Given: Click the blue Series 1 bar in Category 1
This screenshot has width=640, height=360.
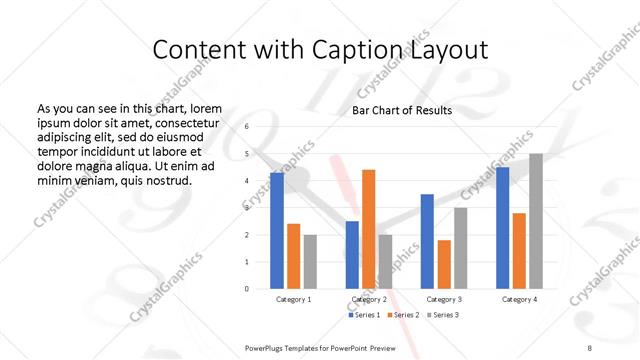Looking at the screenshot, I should (x=276, y=230).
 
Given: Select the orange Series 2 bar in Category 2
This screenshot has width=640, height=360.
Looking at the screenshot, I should (x=369, y=228).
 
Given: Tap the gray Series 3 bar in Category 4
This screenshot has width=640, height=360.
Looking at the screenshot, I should (x=535, y=221).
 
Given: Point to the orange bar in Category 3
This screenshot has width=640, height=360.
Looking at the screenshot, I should (x=444, y=264).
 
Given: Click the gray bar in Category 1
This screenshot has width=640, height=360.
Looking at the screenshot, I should (x=310, y=261).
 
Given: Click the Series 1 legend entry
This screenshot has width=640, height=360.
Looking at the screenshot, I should (x=365, y=315).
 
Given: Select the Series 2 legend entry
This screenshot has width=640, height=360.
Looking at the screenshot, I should (x=403, y=315).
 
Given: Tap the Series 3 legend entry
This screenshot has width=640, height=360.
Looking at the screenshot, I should (x=441, y=315).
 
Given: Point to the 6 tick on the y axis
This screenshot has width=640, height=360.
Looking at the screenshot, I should (x=248, y=127).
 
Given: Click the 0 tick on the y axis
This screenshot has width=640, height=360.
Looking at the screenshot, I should (x=248, y=289).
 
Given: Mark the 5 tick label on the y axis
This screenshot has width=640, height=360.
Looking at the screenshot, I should (x=248, y=154).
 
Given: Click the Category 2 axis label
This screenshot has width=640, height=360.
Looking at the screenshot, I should (x=369, y=299).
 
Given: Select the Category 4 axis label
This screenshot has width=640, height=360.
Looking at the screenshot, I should (x=518, y=299).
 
